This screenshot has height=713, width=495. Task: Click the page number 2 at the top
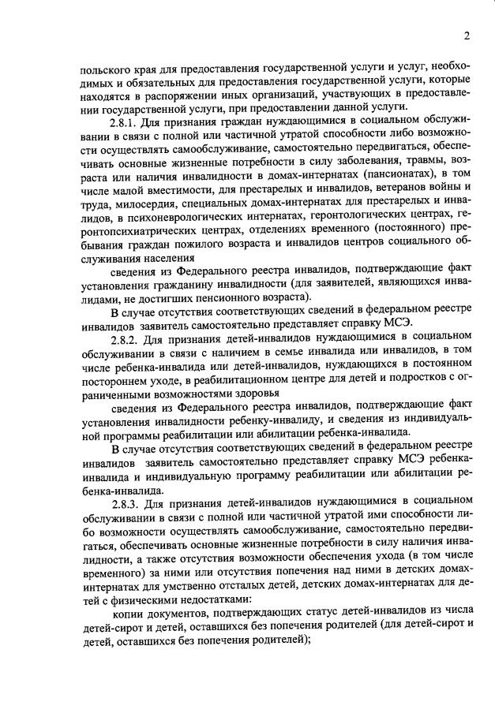click(x=467, y=35)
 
